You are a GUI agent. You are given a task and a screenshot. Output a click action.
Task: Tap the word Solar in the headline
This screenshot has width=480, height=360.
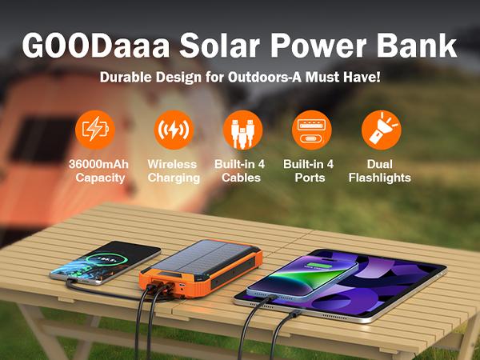[x=210, y=46]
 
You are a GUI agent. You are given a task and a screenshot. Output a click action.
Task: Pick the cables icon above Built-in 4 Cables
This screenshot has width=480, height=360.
[x=242, y=130]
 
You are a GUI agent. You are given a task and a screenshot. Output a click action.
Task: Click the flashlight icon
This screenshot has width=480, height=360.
[x=379, y=130]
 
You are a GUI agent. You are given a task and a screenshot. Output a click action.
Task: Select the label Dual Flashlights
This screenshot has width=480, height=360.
[x=379, y=170]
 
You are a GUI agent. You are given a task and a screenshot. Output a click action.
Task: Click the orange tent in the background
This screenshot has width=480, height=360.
[x=48, y=152]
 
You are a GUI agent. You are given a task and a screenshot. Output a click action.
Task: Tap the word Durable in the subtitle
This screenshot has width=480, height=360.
[x=125, y=79]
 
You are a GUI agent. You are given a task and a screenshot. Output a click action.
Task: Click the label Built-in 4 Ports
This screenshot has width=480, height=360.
[x=309, y=170]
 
